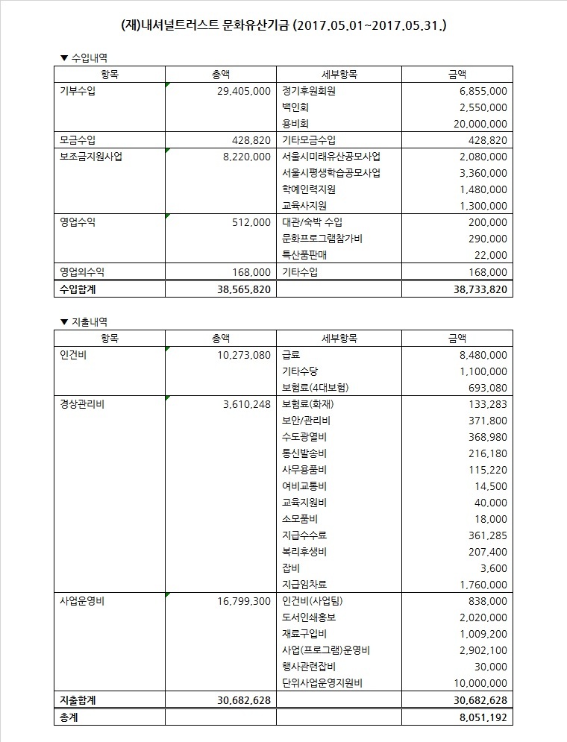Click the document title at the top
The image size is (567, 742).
click(x=283, y=27)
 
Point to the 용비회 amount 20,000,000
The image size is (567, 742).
click(x=474, y=124)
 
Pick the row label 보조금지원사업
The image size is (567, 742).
click(x=91, y=157)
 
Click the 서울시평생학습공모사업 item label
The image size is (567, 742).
click(x=331, y=173)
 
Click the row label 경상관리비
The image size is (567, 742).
click(x=81, y=404)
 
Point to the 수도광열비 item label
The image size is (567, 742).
click(x=304, y=437)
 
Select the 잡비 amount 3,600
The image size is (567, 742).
click(x=494, y=568)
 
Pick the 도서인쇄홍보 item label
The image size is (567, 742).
click(x=310, y=617)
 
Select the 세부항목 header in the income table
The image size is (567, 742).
click(x=339, y=74)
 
